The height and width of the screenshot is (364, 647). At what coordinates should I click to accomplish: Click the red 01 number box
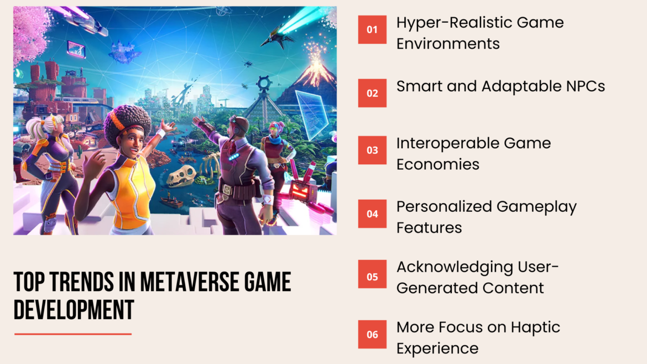[372, 29]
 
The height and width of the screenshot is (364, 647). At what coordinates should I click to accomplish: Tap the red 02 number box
[372, 93]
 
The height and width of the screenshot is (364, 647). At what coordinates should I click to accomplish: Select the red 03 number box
[372, 150]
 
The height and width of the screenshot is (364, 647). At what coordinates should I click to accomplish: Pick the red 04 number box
[372, 214]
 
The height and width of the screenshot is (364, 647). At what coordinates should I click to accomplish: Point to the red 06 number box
[372, 334]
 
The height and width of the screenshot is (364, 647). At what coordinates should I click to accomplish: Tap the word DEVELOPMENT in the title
[74, 310]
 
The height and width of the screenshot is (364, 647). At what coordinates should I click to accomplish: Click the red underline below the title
[73, 334]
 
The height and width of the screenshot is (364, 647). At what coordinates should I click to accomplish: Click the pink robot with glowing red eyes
[302, 188]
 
